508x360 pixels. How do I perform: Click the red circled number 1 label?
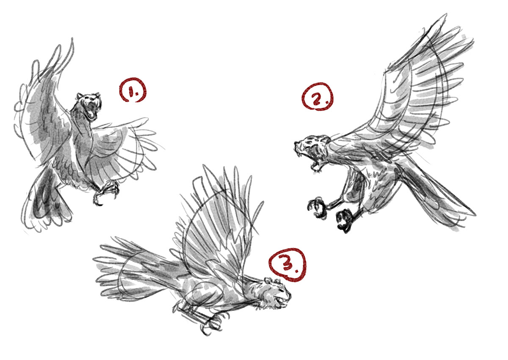pyautogui.click(x=133, y=90)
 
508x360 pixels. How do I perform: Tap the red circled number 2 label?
pyautogui.click(x=317, y=97)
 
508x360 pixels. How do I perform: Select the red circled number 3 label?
pyautogui.click(x=287, y=265)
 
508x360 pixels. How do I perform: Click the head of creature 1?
pyautogui.click(x=89, y=105)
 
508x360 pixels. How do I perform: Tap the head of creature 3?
pyautogui.click(x=277, y=292)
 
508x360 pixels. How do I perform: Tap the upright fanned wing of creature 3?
pyautogui.click(x=218, y=227)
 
